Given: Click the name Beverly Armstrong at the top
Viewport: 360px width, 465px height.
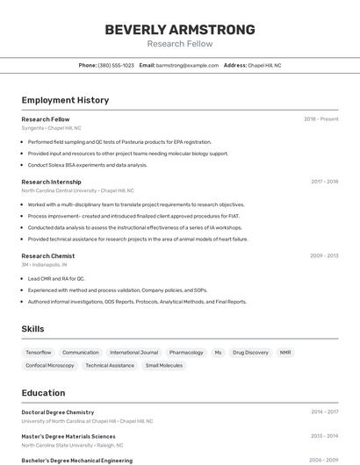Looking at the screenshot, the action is [x=180, y=29].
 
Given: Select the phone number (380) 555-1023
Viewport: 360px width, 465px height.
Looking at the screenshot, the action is [x=116, y=65].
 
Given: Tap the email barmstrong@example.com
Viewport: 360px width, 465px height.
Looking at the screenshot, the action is [x=187, y=65].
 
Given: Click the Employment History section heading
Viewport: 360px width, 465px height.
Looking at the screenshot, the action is [x=65, y=100].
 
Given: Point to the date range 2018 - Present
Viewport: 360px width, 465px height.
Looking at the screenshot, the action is [x=320, y=119].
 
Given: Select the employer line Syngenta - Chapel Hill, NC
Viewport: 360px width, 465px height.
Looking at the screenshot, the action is [x=51, y=128].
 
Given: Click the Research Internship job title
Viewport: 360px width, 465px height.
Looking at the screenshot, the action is [x=51, y=182].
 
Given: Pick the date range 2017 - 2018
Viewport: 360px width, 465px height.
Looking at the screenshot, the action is [x=324, y=182].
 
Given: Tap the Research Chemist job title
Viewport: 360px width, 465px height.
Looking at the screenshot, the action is [x=48, y=256].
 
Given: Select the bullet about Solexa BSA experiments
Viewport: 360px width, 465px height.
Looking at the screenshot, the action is [x=88, y=165].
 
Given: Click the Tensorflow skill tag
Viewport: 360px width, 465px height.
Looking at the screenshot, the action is [x=39, y=352].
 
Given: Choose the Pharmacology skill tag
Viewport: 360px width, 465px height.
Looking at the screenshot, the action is [x=186, y=352].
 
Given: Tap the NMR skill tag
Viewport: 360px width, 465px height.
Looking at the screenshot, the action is [x=285, y=352].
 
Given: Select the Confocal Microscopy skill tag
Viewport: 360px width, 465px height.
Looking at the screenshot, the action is [x=50, y=365].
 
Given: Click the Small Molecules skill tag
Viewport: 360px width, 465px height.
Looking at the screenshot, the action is [x=164, y=365].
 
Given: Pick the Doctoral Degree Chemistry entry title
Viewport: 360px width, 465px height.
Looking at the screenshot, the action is [x=58, y=411].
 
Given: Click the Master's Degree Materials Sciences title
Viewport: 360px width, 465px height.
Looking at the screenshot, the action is [x=68, y=436].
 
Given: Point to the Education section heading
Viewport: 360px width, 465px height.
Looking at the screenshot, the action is [x=44, y=393].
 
